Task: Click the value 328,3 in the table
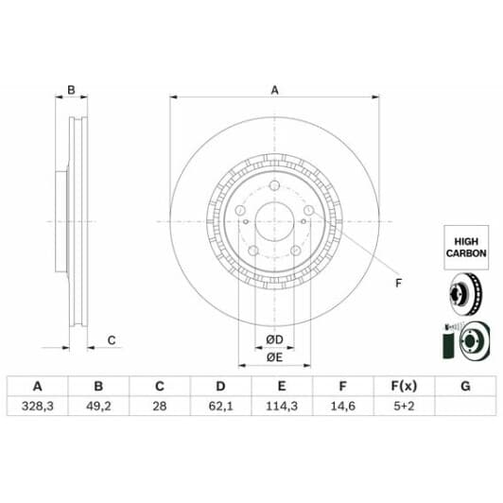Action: point(37,407)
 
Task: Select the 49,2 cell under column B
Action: point(98,407)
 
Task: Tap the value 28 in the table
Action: point(160,407)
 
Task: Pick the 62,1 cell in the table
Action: point(220,407)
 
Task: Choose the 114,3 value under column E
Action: point(282,407)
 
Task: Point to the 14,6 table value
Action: point(343,407)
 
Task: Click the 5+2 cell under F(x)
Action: point(405,407)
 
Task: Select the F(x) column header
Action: point(405,386)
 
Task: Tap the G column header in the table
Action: point(465,386)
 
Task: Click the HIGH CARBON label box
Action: point(466,248)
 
